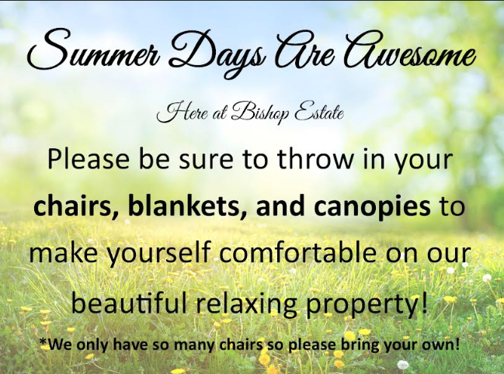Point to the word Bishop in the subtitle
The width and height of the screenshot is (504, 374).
(x=260, y=113)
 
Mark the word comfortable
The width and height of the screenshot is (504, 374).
(x=297, y=251)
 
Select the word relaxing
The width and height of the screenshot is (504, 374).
(x=246, y=303)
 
